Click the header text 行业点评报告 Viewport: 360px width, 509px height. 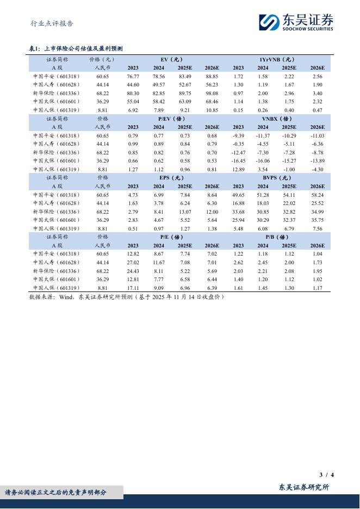click(52, 23)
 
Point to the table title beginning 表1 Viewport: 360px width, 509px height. click(76, 49)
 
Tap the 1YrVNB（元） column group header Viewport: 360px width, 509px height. click(277, 59)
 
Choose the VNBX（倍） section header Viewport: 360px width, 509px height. click(277, 118)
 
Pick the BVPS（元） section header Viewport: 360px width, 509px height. click(277, 177)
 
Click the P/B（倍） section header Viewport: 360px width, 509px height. click(277, 237)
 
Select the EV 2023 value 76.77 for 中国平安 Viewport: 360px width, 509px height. click(133, 77)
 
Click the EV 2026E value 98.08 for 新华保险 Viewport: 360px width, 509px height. click(212, 93)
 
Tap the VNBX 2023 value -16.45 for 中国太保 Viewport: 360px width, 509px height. click(238, 161)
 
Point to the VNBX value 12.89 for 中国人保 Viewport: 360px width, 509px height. click(238, 169)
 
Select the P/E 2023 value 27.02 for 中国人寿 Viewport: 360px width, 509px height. click(133, 262)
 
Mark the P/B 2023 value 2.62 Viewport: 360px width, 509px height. click(238, 262)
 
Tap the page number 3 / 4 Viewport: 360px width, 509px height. click(326, 475)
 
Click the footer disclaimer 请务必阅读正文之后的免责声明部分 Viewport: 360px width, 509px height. click(56, 493)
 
